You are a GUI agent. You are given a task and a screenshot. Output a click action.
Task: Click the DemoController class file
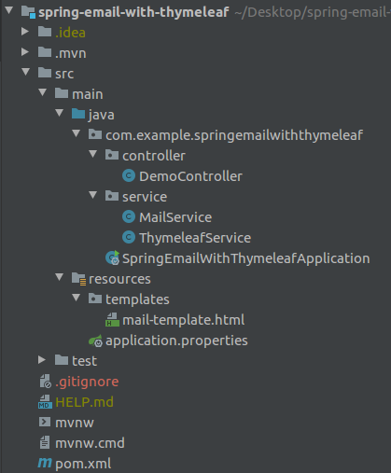[x=190, y=176]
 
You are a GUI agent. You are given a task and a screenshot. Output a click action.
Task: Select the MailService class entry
[x=175, y=217]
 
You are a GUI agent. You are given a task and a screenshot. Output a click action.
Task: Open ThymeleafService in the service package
[x=195, y=238]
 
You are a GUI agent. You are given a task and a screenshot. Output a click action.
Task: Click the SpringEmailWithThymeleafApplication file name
[x=245, y=258]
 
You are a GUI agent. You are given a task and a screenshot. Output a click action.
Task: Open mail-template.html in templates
[x=183, y=320]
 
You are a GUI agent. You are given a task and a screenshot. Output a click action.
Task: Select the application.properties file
[x=176, y=341]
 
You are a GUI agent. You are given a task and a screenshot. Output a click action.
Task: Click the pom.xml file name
[x=83, y=464]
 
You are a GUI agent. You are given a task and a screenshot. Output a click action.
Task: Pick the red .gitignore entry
[x=87, y=382]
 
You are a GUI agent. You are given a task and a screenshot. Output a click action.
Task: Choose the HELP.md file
[x=84, y=402]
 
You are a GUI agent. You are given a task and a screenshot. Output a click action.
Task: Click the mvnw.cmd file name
[x=90, y=443]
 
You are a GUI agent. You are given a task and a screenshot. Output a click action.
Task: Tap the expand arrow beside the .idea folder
[x=25, y=32]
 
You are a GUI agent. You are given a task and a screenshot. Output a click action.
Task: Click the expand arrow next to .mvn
[x=25, y=52]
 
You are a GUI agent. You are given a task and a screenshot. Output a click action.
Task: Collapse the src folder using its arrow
[x=26, y=72]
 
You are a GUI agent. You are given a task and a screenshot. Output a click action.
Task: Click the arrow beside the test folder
[x=42, y=360]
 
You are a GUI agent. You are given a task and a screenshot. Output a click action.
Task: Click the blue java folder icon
[x=78, y=114]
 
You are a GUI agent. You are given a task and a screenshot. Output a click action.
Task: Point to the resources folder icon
[x=78, y=279]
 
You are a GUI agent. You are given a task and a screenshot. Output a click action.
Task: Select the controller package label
[x=154, y=156]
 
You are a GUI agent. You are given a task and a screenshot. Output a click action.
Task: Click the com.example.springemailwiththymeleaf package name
[x=234, y=135]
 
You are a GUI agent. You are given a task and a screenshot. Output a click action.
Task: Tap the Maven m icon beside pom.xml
[x=45, y=463]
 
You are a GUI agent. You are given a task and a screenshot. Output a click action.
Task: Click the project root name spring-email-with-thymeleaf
[x=133, y=12]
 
